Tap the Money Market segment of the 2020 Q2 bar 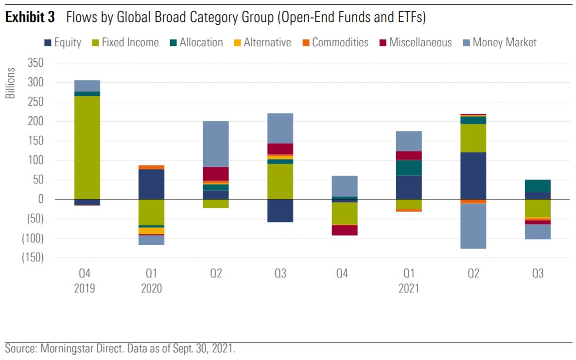(x=216, y=144)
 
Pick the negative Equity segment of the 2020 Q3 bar (x=280, y=211)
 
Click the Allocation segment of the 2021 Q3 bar (x=538, y=186)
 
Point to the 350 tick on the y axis (x=35, y=63)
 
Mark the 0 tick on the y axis (x=41, y=199)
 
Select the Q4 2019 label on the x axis (x=85, y=281)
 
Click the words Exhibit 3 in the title (x=32, y=18)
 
